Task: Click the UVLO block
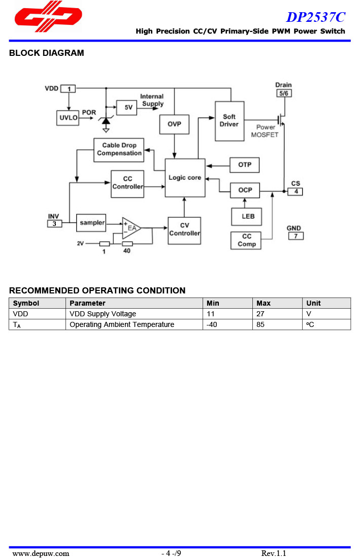(x=69, y=118)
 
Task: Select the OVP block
(x=174, y=124)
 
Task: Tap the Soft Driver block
(x=230, y=121)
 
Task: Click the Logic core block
(x=185, y=178)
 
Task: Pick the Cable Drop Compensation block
(x=119, y=150)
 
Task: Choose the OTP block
(x=245, y=165)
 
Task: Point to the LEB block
(x=247, y=216)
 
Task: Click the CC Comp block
(x=247, y=240)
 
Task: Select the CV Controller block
(x=184, y=230)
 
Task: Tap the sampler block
(x=91, y=223)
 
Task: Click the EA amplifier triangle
(x=130, y=228)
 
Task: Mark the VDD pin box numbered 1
(x=68, y=89)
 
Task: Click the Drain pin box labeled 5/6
(x=284, y=93)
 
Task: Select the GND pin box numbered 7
(x=296, y=236)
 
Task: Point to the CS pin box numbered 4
(x=295, y=191)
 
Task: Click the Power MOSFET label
(x=265, y=131)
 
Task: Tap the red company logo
(x=48, y=15)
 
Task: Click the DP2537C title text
(x=315, y=17)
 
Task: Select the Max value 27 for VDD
(x=260, y=314)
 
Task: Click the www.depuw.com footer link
(x=41, y=553)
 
